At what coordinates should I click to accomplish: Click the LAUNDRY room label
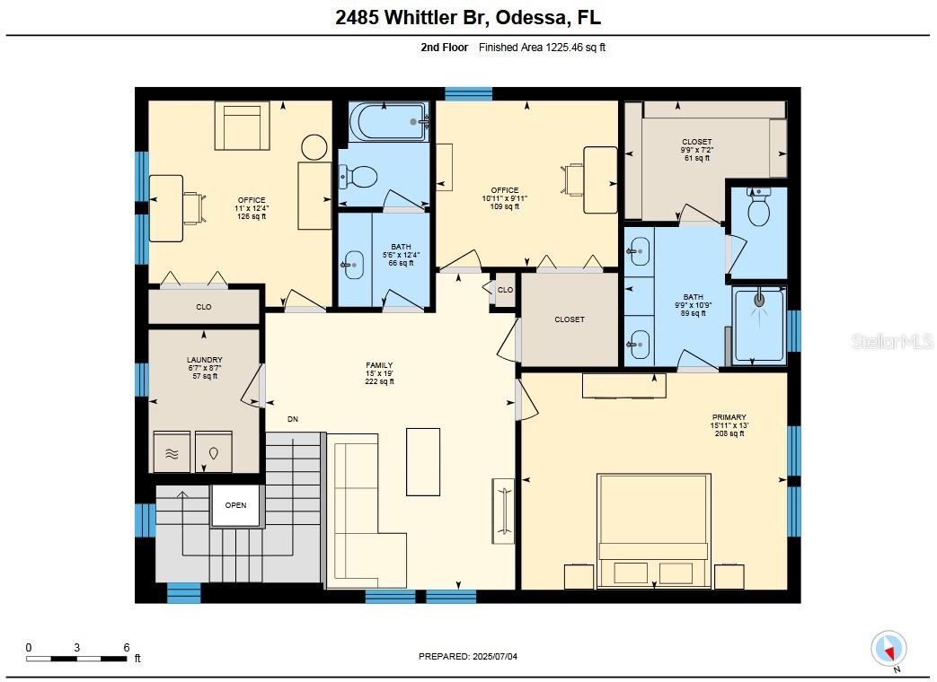[x=204, y=360]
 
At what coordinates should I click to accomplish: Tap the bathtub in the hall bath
[x=388, y=122]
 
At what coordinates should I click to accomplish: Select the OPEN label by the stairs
[x=236, y=505]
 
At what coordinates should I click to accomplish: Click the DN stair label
[x=293, y=419]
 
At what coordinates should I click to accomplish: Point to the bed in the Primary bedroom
[x=654, y=530]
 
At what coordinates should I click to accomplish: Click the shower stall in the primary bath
[x=759, y=325]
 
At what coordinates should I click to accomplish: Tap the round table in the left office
[x=314, y=147]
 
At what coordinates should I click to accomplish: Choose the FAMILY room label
[x=379, y=365]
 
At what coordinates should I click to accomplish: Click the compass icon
[x=888, y=649]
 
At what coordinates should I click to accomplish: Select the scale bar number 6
[x=127, y=647]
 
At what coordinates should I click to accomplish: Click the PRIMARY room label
[x=729, y=417]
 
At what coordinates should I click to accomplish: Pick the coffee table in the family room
[x=423, y=462]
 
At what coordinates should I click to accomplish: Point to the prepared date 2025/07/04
[x=495, y=656]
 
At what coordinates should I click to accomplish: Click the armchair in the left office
[x=242, y=126]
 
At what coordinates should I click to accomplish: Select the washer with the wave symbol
[x=172, y=452]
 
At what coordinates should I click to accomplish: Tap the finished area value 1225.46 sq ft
[x=575, y=48]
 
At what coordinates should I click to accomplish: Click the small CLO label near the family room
[x=505, y=290]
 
